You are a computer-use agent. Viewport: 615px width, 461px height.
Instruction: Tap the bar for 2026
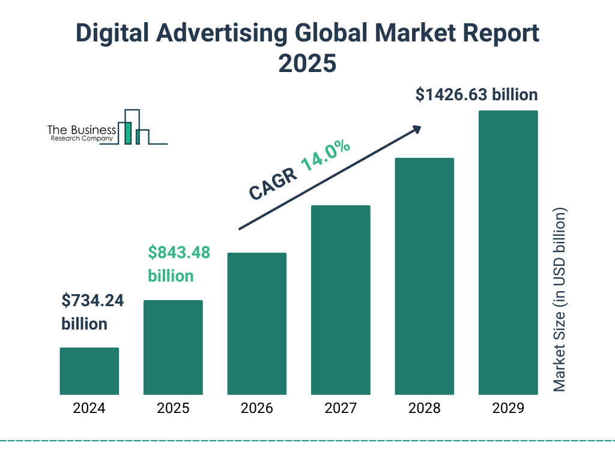coord(256,324)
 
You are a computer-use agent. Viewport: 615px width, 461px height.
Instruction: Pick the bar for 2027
coord(341,300)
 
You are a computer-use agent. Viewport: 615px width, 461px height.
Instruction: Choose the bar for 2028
coord(424,276)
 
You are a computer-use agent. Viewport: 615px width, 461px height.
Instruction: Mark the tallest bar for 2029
coord(508,253)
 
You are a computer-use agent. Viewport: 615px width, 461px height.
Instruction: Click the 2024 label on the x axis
coord(89,409)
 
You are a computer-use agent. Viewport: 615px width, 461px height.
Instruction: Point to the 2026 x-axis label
coord(256,409)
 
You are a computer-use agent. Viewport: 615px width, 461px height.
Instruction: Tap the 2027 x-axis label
coord(341,409)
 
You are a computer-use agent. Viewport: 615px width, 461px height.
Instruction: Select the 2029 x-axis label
coord(508,409)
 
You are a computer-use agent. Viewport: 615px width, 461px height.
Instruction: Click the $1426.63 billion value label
coord(476,95)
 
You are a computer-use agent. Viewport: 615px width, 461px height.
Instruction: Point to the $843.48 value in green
coord(179,253)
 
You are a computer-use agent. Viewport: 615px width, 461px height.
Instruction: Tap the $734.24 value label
coord(92,301)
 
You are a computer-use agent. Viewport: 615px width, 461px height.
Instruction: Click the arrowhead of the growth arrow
coord(416,128)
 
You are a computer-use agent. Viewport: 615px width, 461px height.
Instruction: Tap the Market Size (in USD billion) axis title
coord(560,300)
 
